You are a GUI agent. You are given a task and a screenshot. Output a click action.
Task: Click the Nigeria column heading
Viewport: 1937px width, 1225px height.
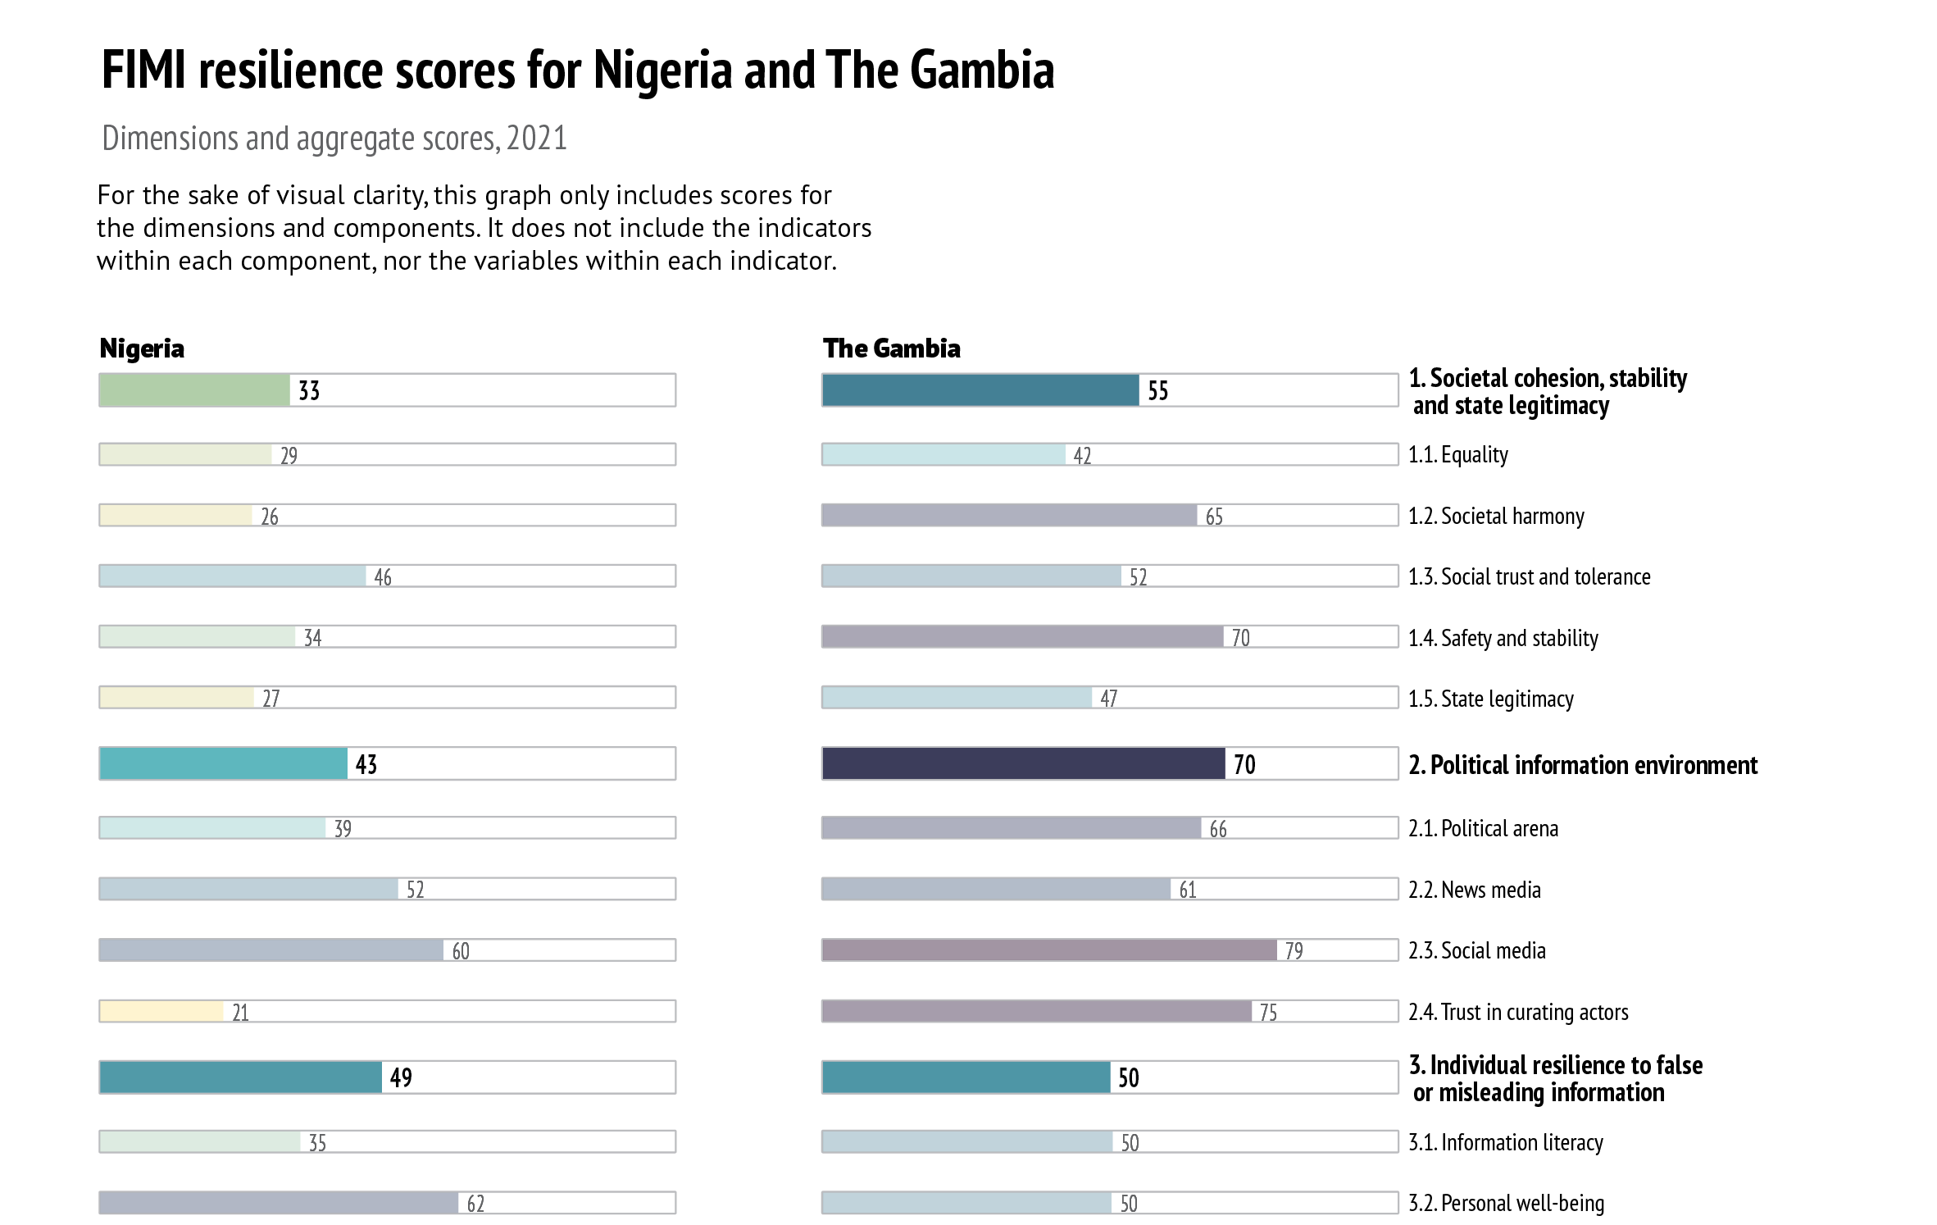click(x=142, y=348)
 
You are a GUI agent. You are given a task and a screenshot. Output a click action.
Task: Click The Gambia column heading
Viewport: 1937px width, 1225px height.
click(x=891, y=348)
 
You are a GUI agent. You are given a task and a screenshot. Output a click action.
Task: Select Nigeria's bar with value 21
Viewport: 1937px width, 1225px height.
click(x=161, y=1011)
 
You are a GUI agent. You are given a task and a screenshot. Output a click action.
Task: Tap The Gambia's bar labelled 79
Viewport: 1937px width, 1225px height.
click(x=1049, y=949)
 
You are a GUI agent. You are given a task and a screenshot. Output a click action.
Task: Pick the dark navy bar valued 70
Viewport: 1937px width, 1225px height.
click(x=1023, y=763)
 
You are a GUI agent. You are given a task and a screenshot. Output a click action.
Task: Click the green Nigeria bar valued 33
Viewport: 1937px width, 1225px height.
click(x=194, y=390)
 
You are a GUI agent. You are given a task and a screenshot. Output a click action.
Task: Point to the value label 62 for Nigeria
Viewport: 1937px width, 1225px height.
click(x=475, y=1204)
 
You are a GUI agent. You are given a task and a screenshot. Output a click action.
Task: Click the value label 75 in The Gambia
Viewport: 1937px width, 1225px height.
click(x=1268, y=1013)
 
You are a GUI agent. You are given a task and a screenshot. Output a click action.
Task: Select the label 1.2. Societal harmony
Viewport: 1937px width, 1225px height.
click(x=1496, y=516)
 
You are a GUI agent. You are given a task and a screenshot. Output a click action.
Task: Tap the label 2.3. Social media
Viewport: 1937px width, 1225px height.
click(x=1477, y=950)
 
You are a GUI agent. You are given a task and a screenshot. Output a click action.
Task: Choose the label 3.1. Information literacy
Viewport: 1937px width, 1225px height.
click(x=1506, y=1142)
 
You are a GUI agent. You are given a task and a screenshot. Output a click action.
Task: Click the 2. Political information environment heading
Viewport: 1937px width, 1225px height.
click(x=1583, y=765)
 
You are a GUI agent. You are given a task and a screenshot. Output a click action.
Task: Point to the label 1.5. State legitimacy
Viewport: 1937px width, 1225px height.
click(x=1491, y=699)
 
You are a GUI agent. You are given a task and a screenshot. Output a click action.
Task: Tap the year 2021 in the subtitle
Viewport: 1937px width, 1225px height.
click(x=537, y=139)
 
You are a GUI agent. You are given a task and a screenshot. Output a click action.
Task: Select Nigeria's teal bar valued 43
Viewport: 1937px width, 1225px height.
click(x=223, y=763)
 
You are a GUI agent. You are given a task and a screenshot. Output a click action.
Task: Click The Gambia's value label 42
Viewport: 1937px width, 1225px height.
click(x=1082, y=456)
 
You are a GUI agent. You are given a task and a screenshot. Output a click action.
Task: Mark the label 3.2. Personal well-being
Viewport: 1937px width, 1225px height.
click(x=1507, y=1203)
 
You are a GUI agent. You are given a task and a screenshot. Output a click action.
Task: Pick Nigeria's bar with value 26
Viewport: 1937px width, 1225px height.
click(x=175, y=515)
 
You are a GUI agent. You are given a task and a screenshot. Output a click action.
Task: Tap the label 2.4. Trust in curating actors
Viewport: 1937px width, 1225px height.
click(x=1518, y=1012)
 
